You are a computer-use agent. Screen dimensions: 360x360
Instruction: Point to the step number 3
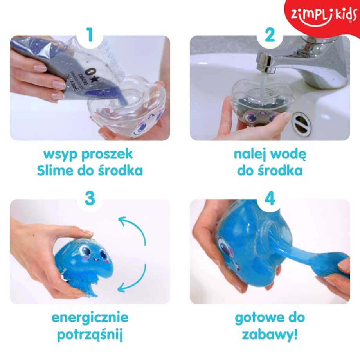pyautogui.click(x=90, y=199)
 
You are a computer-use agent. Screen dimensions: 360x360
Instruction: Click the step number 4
pyautogui.click(x=270, y=199)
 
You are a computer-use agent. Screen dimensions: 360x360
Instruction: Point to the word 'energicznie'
pyautogui.click(x=90, y=317)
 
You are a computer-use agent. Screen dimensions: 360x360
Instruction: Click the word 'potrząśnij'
pyautogui.click(x=90, y=335)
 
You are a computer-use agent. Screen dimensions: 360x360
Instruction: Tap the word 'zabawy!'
pyautogui.click(x=270, y=335)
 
